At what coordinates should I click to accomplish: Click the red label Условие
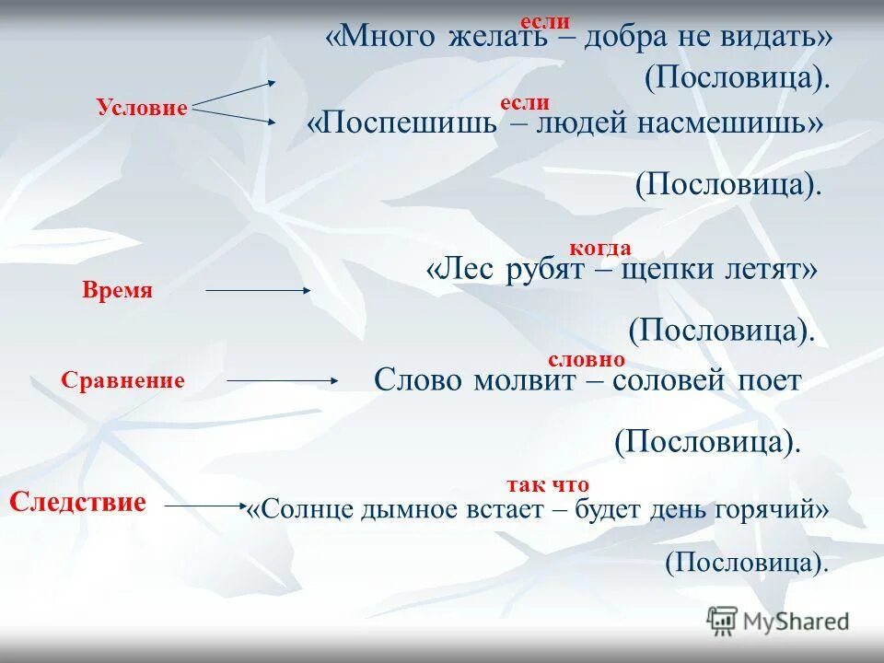(x=142, y=108)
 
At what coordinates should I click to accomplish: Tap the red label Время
(x=117, y=291)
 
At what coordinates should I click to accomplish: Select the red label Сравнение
(x=123, y=380)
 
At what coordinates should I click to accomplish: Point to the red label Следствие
(x=78, y=503)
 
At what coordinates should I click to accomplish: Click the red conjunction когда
(x=599, y=248)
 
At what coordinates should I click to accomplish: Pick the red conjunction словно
(x=587, y=359)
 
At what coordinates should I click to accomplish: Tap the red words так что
(x=547, y=484)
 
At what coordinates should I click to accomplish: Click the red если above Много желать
(x=545, y=21)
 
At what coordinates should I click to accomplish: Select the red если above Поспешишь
(x=524, y=103)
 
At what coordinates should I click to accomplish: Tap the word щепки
(x=646, y=271)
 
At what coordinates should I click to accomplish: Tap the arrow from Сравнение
(x=283, y=379)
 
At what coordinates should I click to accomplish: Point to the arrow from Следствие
(x=205, y=505)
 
